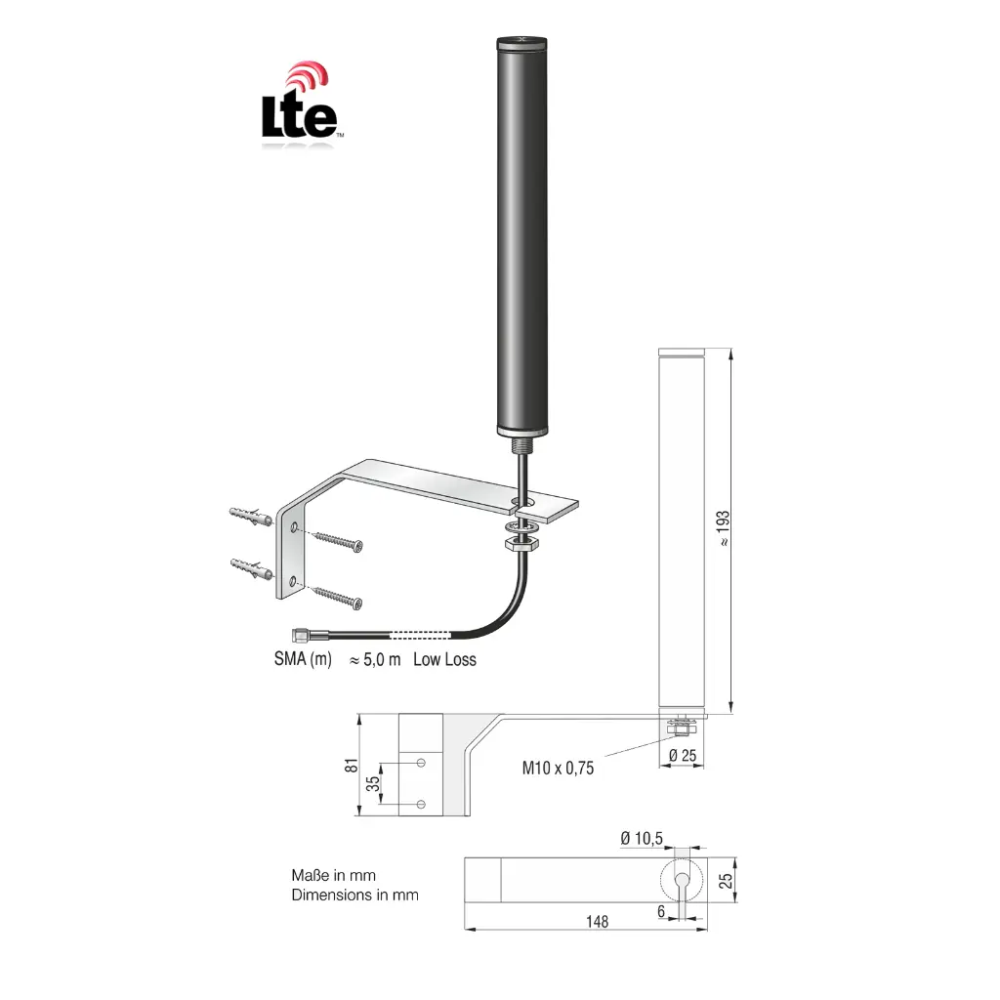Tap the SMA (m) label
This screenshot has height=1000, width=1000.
click(x=303, y=659)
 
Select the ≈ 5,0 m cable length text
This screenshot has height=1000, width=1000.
click(x=375, y=660)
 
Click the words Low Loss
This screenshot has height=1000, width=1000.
click(x=444, y=659)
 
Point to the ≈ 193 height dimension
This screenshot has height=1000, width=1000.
click(x=723, y=528)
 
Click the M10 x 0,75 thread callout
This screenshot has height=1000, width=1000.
click(x=558, y=768)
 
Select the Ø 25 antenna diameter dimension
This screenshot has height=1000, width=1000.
click(x=683, y=756)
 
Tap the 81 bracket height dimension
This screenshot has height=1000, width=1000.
click(x=352, y=766)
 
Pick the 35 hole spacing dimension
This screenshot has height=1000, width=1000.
click(x=372, y=783)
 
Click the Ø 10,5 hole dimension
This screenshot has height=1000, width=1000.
click(x=642, y=838)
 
